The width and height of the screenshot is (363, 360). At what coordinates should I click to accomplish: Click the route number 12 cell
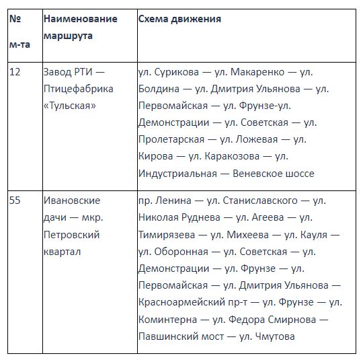15,72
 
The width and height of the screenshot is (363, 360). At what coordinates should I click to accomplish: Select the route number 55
15,201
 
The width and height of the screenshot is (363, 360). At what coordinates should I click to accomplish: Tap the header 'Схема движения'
179,19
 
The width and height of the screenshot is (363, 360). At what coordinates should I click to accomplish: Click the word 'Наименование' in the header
80,19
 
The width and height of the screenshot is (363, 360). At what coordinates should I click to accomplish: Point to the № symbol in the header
15,19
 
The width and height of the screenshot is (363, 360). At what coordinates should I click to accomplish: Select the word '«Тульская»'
70,106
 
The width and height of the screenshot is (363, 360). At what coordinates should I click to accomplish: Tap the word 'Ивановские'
71,201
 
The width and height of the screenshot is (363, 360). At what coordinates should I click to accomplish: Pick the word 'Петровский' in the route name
71,235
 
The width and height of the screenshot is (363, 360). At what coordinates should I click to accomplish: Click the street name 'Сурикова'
176,72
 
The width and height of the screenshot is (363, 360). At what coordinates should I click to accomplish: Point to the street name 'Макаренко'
259,72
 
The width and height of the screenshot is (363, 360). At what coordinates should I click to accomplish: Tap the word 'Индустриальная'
177,173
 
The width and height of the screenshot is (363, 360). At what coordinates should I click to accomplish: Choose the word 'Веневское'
259,173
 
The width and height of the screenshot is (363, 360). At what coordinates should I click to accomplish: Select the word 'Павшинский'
168,336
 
